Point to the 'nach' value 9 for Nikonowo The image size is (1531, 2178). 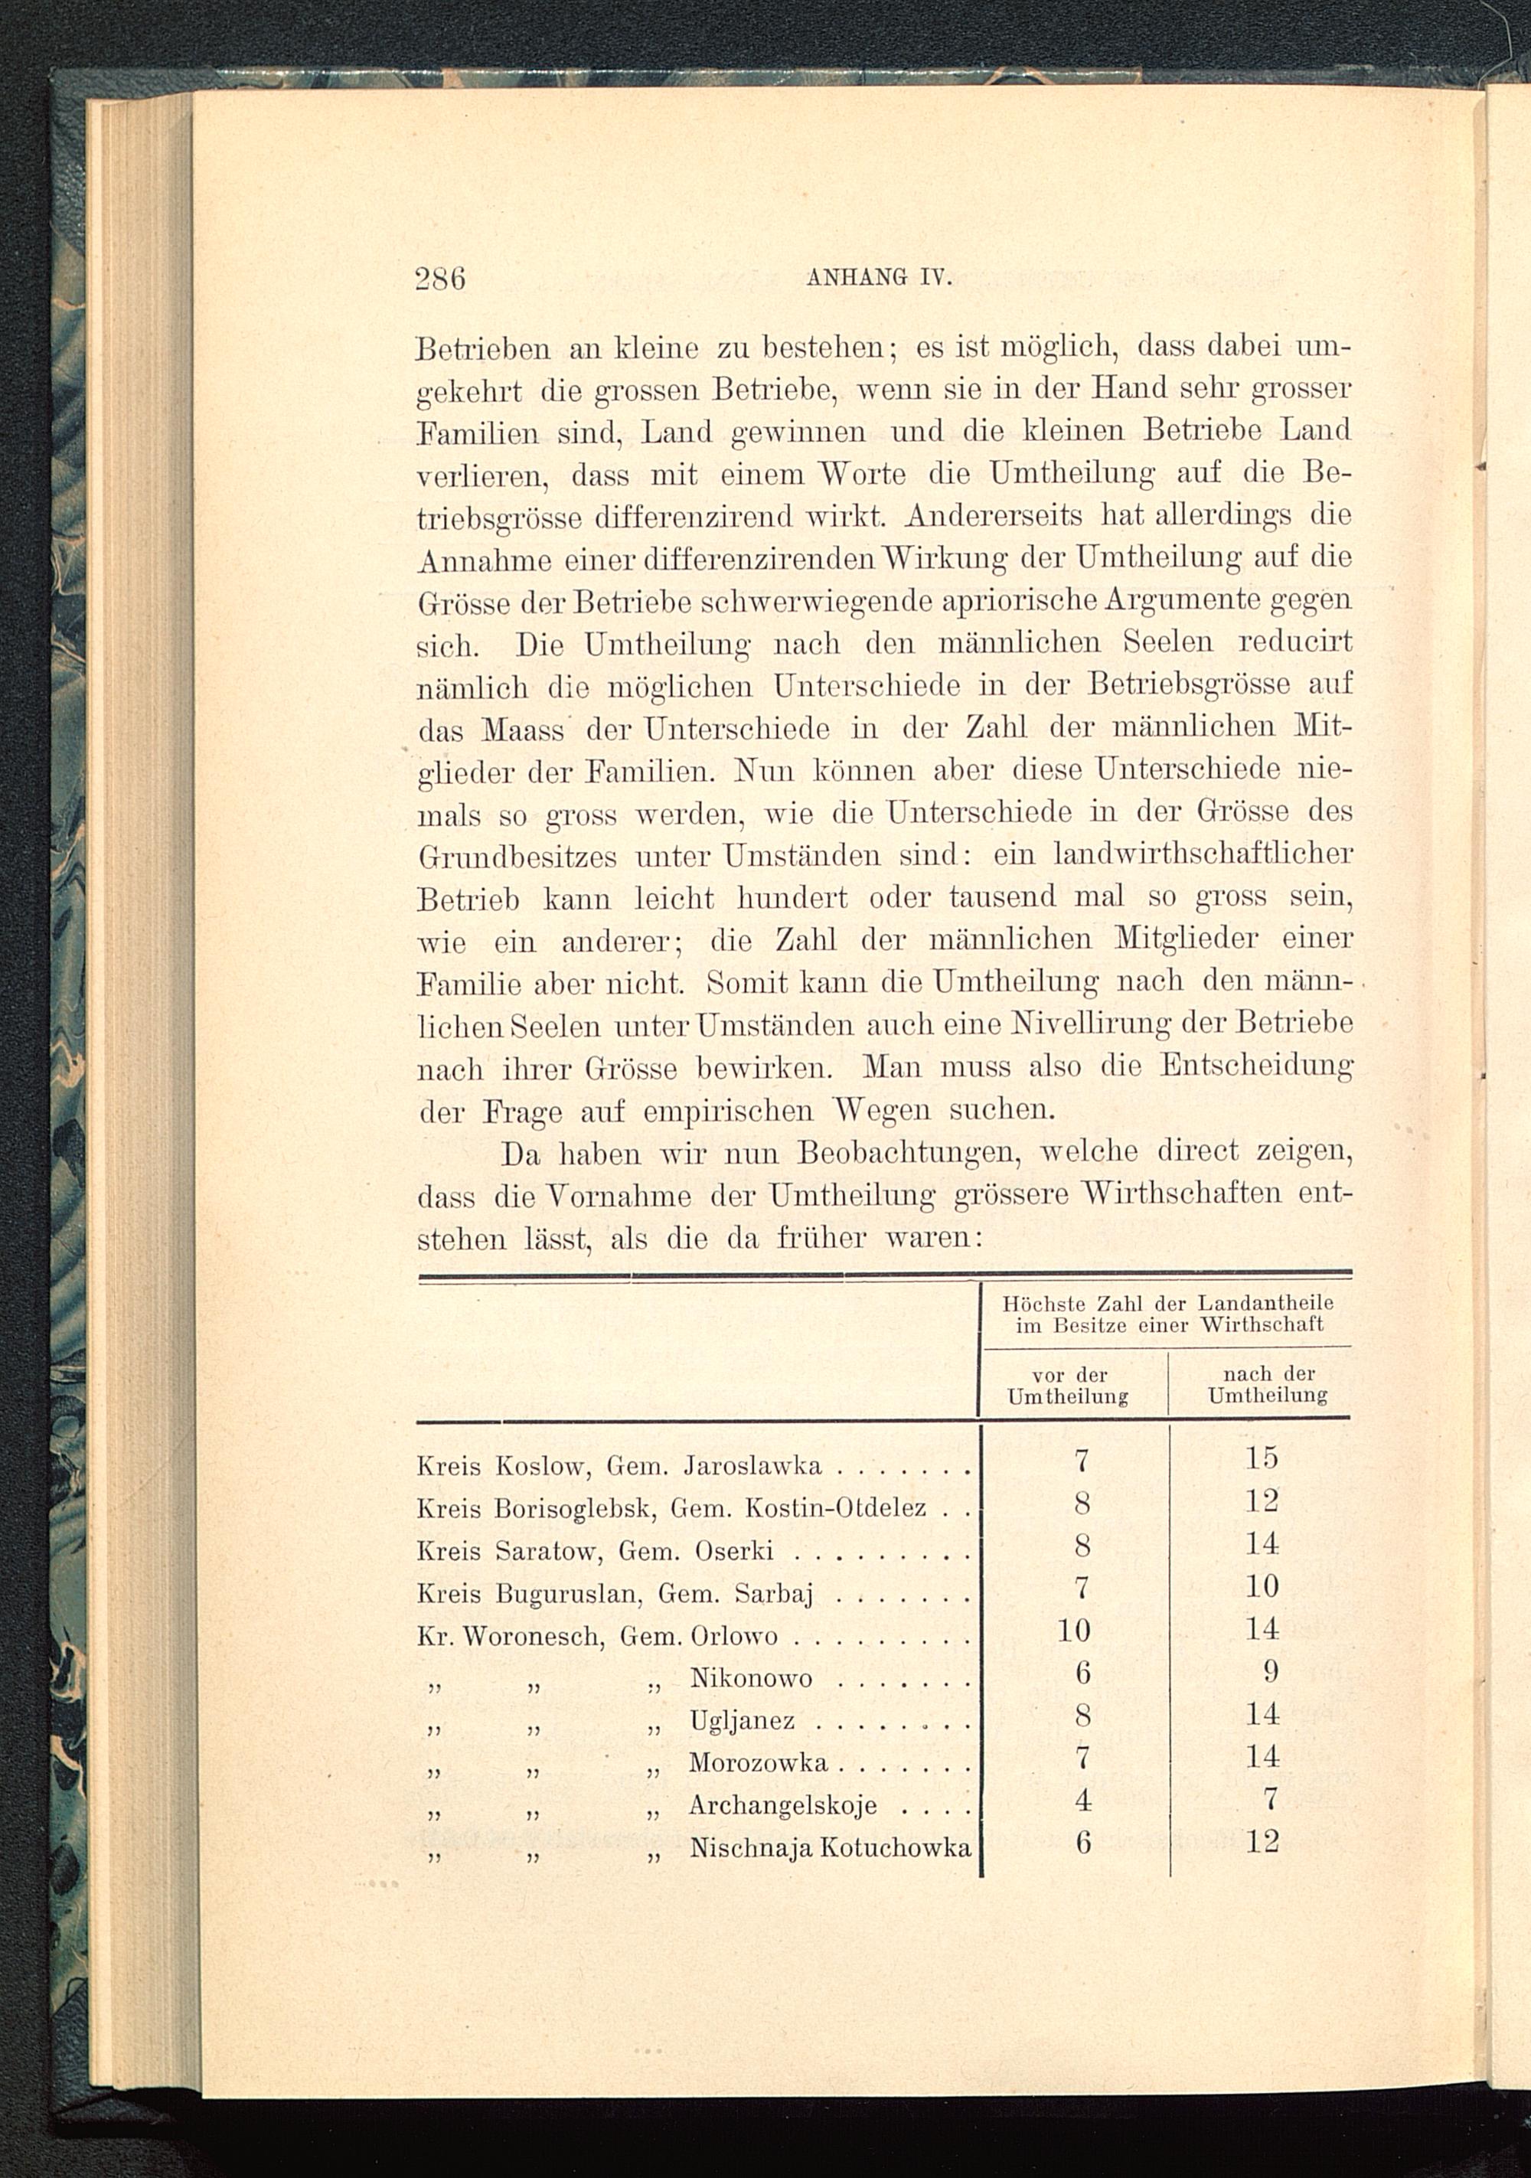coord(1271,1671)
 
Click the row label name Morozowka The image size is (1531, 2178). coord(758,1762)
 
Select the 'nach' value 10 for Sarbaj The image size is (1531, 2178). coord(1262,1586)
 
